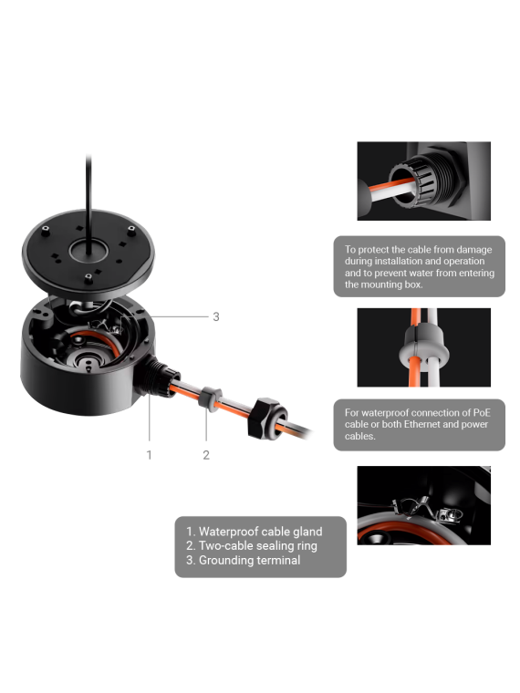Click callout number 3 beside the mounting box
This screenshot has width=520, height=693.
pos(216,316)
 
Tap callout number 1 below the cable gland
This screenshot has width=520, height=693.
pos(149,455)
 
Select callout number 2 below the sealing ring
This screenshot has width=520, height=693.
pos(206,455)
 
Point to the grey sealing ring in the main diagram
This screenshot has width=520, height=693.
pos(210,398)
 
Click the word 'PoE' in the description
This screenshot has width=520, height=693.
pos(482,413)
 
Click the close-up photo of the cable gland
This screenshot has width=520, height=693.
pos(423,181)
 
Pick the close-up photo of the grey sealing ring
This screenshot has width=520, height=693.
pos(423,347)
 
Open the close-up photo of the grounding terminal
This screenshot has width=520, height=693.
pos(423,505)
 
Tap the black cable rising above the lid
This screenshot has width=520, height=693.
pos(88,203)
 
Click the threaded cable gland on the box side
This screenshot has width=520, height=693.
pos(159,376)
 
